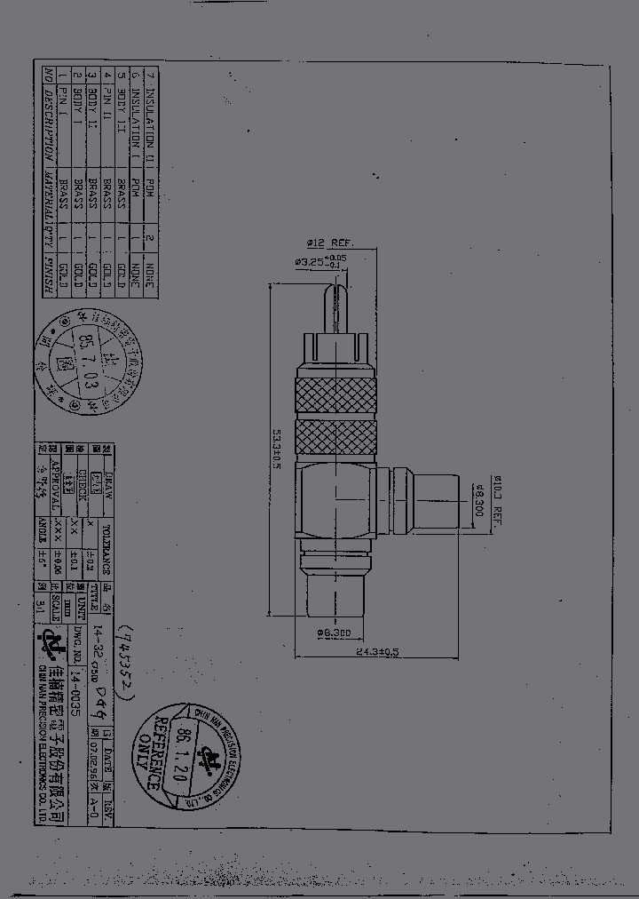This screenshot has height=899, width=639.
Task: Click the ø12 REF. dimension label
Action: tap(329, 243)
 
